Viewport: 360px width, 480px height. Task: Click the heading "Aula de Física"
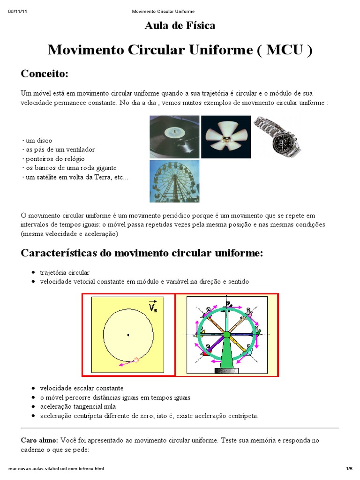pos(180,26)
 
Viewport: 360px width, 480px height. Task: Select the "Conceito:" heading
pos(45,74)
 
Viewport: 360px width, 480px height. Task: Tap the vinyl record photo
pos(174,137)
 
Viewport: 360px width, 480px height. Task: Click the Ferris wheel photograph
pos(174,181)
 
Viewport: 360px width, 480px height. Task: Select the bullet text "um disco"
pos(38,141)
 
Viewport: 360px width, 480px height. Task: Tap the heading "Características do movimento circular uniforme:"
pos(142,254)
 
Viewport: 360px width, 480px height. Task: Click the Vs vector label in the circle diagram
pos(153,306)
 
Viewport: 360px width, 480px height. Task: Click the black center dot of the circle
pos(128,335)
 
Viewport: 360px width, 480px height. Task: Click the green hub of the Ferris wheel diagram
pos(226,334)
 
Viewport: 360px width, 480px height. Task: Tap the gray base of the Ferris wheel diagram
pos(226,370)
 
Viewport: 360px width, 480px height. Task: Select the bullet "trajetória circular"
pos(65,272)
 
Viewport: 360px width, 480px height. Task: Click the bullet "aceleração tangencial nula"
pos(78,406)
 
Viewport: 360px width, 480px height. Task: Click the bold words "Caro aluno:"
pos(39,441)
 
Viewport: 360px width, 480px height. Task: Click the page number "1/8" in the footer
pos(349,468)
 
